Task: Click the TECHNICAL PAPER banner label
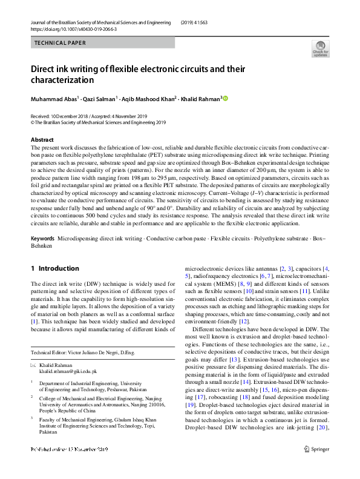coord(60,43)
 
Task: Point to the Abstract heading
coord(42,140)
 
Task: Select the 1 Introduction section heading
coord(54,268)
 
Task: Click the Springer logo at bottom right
coord(316,466)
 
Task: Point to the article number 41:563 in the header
coord(206,22)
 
